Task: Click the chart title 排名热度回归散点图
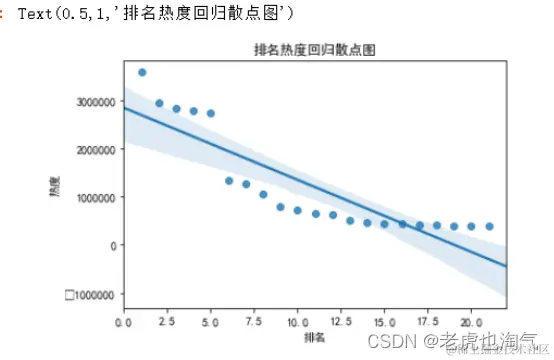click(315, 49)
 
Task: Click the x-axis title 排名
click(315, 338)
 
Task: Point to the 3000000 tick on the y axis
click(96, 102)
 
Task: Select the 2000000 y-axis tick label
click(96, 150)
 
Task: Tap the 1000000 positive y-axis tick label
click(96, 198)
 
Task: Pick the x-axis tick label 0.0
click(124, 323)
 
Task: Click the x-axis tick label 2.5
click(167, 323)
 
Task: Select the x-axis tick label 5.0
click(210, 323)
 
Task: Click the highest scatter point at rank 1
click(142, 72)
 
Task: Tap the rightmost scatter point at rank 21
click(489, 227)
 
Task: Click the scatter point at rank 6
click(229, 181)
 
